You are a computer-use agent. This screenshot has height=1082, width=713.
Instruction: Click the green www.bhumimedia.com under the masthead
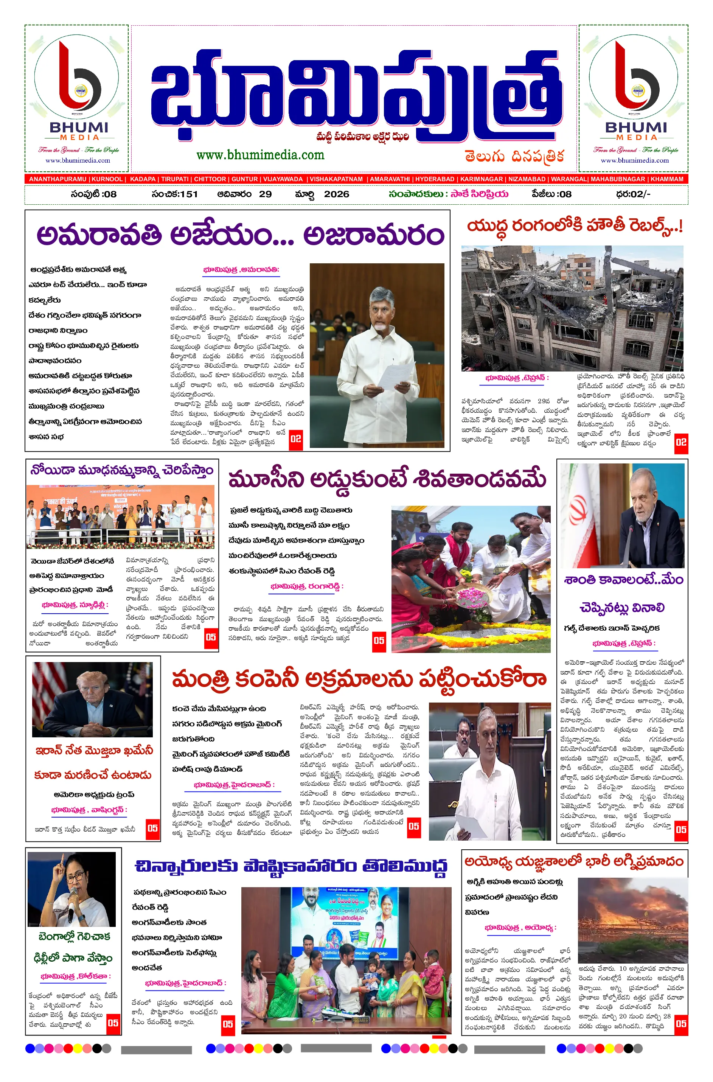(x=260, y=155)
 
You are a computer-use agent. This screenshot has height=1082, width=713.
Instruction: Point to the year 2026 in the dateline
(x=337, y=194)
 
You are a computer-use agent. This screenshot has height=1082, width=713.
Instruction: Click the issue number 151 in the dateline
(x=188, y=194)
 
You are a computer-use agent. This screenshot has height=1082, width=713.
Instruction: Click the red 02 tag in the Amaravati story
(x=295, y=439)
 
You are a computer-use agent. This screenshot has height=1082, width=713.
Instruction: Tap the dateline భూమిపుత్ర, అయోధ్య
(x=520, y=927)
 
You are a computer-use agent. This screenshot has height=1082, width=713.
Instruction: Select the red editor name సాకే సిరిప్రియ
(x=479, y=194)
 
